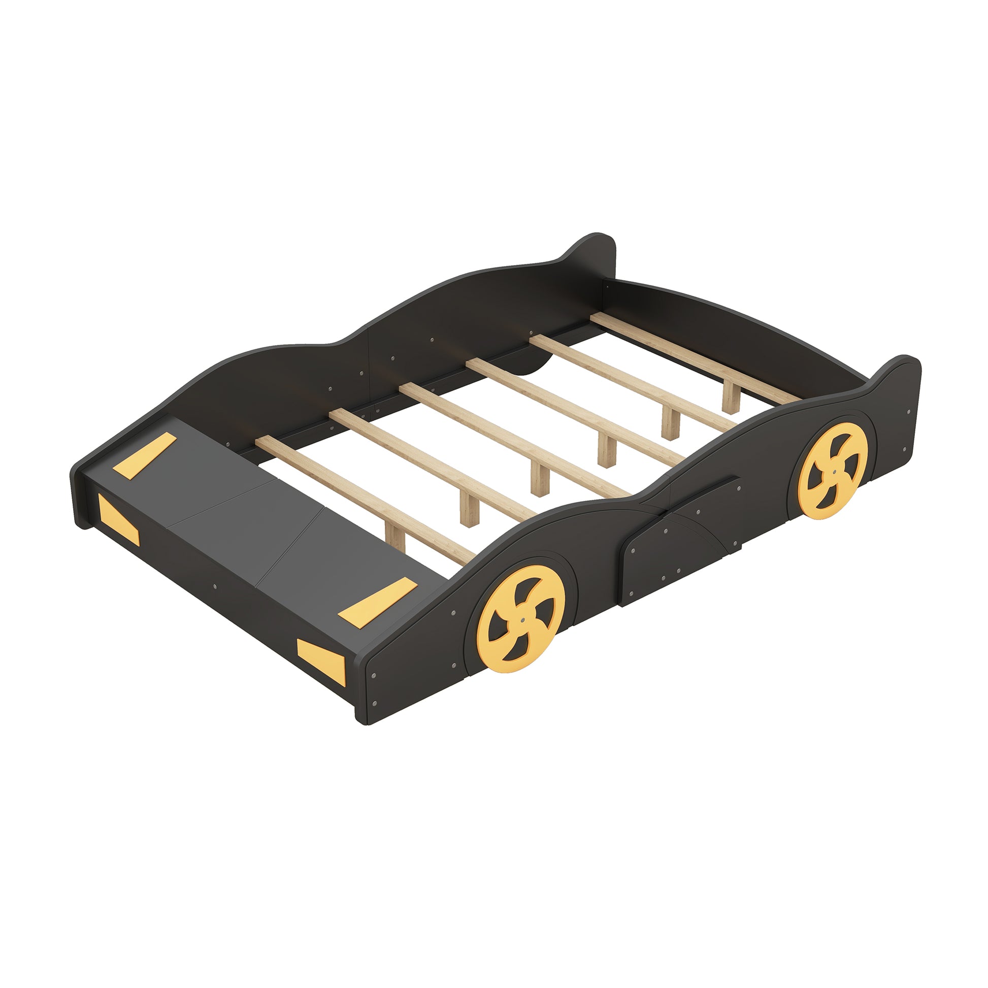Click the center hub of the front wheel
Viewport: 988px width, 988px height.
click(x=521, y=619)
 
